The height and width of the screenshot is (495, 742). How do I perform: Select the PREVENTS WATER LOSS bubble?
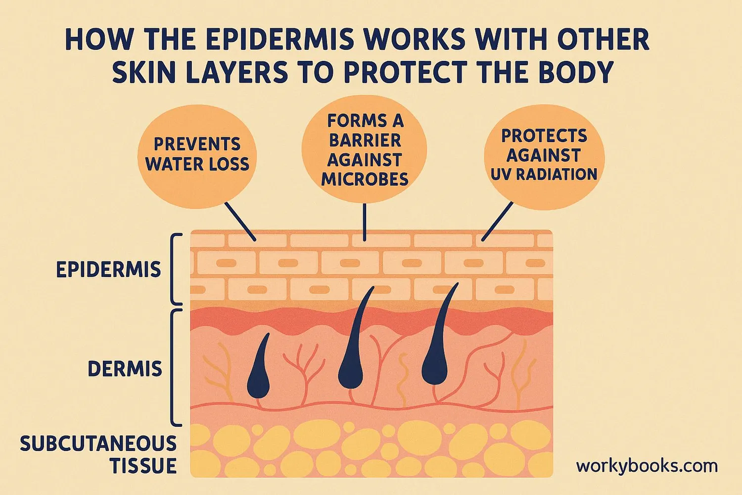point(197,154)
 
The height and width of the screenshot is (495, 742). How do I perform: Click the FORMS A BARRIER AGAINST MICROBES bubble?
point(365,149)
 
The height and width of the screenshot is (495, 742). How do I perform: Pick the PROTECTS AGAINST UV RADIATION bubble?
point(544,155)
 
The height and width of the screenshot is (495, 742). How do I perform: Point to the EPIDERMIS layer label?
point(108,270)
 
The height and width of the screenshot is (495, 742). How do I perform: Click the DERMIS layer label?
point(125,369)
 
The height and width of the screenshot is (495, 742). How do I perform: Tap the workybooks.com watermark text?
point(647,466)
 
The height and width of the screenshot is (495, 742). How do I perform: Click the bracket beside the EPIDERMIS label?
point(175,270)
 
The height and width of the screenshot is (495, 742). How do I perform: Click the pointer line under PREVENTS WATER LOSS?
point(240,221)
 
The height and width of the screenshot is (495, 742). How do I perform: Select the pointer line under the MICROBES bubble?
point(365,222)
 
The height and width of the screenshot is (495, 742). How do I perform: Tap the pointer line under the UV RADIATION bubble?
point(497,221)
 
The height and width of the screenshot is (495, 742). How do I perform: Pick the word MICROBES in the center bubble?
point(365,179)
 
